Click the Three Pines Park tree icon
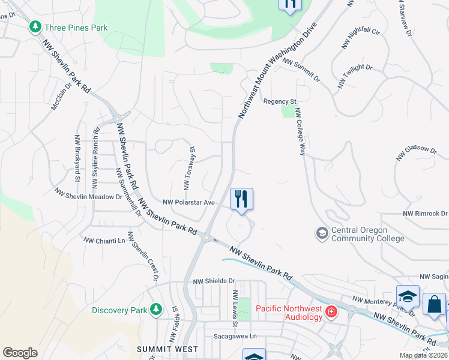[x=35, y=27]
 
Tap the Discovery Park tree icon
[x=156, y=310]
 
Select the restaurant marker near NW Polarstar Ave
[x=241, y=199]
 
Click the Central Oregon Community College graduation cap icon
[x=322, y=233]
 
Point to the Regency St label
[x=280, y=101]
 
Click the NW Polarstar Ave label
[x=189, y=203]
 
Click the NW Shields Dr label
[x=214, y=281]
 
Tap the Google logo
[x=20, y=353]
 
